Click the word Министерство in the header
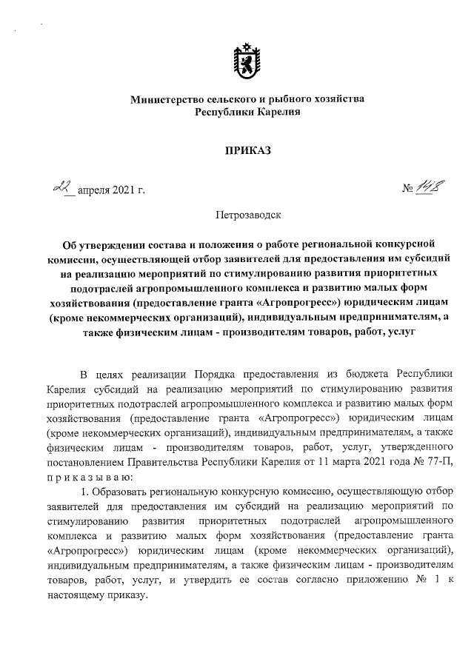163,99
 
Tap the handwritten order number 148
430,190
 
